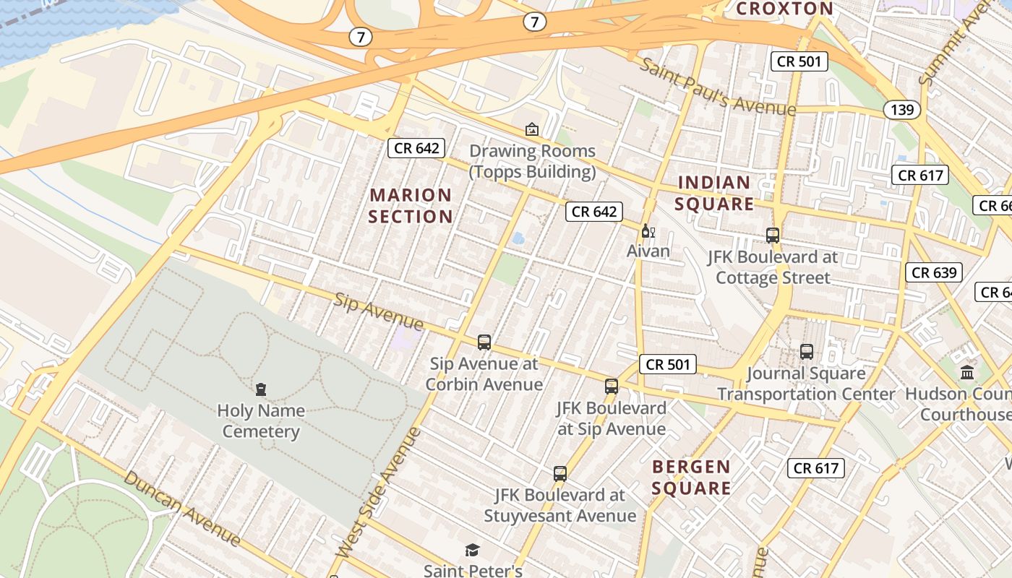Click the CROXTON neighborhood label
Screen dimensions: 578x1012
click(x=784, y=9)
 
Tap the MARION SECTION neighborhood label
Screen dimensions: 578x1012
click(x=411, y=206)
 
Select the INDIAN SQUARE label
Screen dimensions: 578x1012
click(x=714, y=193)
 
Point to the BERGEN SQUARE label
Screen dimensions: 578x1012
click(x=691, y=478)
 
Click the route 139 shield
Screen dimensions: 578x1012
click(x=902, y=110)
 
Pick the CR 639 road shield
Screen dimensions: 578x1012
click(x=934, y=272)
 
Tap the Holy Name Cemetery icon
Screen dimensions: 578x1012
click(x=261, y=389)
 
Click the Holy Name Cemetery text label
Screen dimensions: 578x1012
click(x=261, y=421)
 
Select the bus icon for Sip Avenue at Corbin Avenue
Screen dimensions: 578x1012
click(x=484, y=342)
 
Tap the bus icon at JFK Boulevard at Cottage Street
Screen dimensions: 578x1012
click(x=773, y=235)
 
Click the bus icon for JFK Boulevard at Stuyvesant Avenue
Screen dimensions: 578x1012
click(x=560, y=474)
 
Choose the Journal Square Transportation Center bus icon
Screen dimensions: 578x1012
click(x=807, y=352)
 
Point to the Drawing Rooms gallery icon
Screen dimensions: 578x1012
click(x=532, y=129)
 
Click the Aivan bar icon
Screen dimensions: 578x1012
click(x=648, y=231)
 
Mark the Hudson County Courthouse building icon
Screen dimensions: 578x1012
click(x=966, y=373)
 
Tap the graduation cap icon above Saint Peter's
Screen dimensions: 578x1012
click(x=473, y=551)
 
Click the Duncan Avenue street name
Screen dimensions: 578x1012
click(x=181, y=508)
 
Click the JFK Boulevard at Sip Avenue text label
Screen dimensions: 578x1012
click(x=612, y=418)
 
